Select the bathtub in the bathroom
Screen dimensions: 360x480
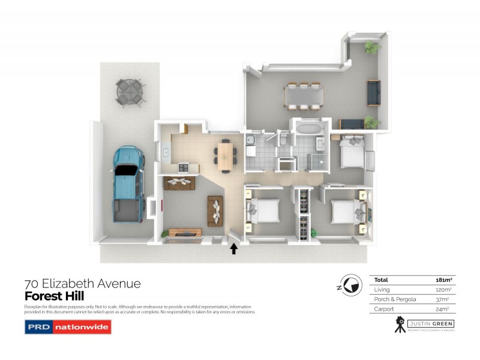308,128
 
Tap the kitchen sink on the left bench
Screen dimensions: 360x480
164,152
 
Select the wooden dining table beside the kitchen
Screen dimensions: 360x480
225,154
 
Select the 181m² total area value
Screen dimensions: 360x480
443,280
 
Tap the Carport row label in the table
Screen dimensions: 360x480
384,308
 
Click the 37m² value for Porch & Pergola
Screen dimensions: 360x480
443,299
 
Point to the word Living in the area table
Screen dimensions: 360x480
382,289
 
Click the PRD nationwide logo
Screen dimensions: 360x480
68,327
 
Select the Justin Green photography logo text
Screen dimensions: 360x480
430,324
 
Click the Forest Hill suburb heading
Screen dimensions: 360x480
54,296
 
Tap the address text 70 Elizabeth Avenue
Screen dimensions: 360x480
82,283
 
